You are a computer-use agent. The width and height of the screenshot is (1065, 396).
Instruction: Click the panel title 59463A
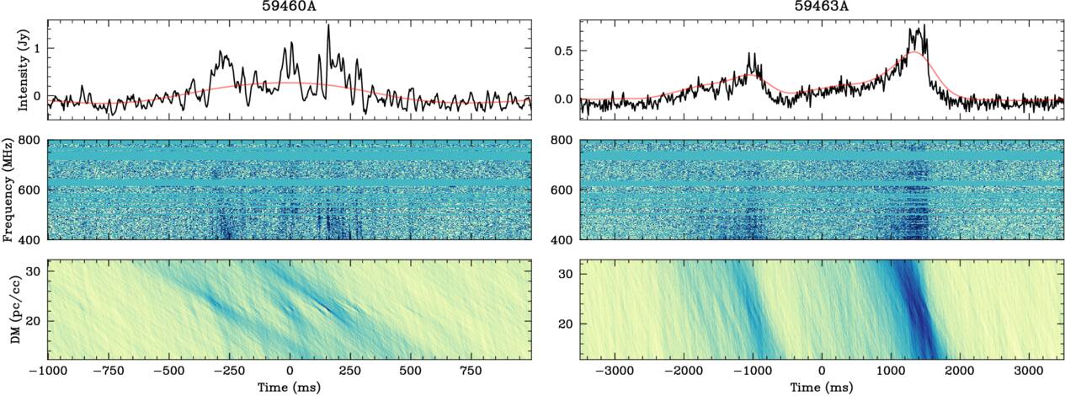[x=821, y=6]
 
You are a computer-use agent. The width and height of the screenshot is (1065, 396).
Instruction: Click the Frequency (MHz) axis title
[x=11, y=190]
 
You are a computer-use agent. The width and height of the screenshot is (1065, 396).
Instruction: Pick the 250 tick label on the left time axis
[x=350, y=371]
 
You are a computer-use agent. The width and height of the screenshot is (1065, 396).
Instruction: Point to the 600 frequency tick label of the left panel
[x=33, y=190]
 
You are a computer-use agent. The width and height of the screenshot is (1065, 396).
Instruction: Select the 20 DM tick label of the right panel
[x=569, y=324]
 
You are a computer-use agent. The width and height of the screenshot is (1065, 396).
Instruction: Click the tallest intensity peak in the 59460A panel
[x=328, y=25]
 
